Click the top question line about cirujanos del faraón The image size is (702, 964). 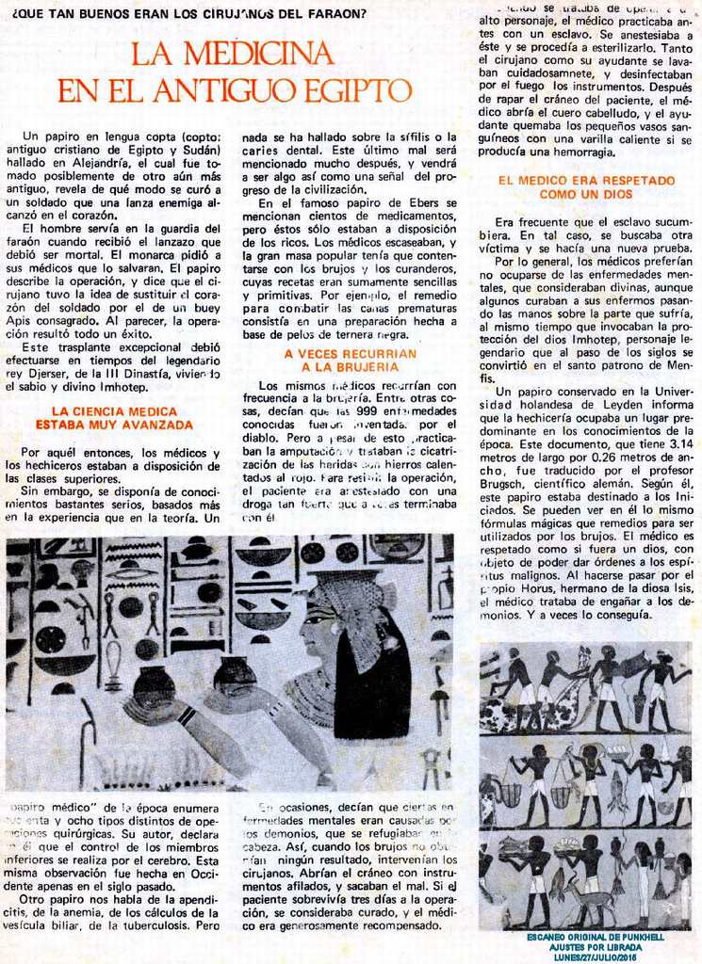[186, 13]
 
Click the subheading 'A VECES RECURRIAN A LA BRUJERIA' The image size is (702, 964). [350, 360]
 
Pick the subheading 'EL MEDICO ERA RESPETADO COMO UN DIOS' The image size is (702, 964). [586, 186]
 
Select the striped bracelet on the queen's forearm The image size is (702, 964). [187, 715]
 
